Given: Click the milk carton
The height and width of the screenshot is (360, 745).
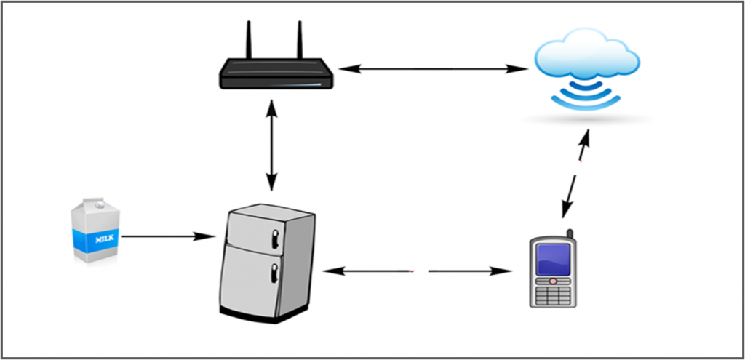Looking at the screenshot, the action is tap(95, 231).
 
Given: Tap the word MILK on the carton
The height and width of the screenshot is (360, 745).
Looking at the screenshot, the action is tap(105, 239).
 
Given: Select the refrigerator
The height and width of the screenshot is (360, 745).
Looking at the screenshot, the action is tap(268, 263).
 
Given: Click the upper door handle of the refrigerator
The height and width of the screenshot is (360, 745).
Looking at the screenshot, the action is tap(275, 239).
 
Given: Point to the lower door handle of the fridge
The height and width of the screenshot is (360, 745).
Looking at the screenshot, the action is tap(274, 273).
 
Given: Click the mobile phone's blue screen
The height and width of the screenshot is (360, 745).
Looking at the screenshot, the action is tap(553, 260).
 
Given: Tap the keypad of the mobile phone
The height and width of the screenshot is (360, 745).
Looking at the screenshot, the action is tap(553, 295).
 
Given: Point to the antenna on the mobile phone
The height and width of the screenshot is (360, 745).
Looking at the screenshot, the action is tap(570, 234).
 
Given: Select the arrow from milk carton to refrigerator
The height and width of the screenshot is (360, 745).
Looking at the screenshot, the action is tap(169, 236).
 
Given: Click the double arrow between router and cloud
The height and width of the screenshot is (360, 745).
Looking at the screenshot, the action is tap(434, 69).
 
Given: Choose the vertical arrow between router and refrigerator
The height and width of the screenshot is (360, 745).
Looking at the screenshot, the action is tap(271, 145).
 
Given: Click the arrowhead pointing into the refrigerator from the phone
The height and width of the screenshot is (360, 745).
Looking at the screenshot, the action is tap(332, 271).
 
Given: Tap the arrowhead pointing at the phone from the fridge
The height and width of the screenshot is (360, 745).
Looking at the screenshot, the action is tap(502, 271).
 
